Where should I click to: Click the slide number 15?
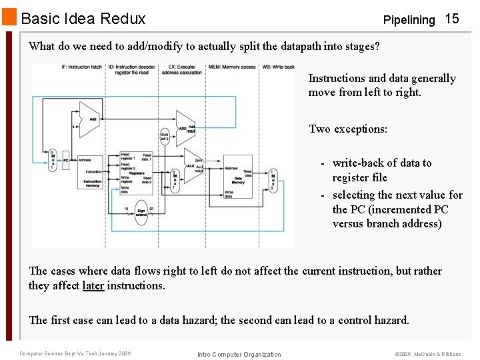click(452, 19)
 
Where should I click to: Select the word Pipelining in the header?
click(409, 20)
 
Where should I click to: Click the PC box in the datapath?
click(66, 159)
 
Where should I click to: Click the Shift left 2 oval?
click(165, 137)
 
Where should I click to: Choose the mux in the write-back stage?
click(271, 180)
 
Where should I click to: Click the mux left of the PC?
click(53, 159)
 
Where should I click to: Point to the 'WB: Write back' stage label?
click(279, 67)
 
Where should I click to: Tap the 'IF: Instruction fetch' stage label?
click(82, 67)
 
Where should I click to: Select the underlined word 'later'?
click(93, 285)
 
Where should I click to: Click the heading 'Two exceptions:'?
click(347, 129)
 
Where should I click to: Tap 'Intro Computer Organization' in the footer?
click(239, 354)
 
